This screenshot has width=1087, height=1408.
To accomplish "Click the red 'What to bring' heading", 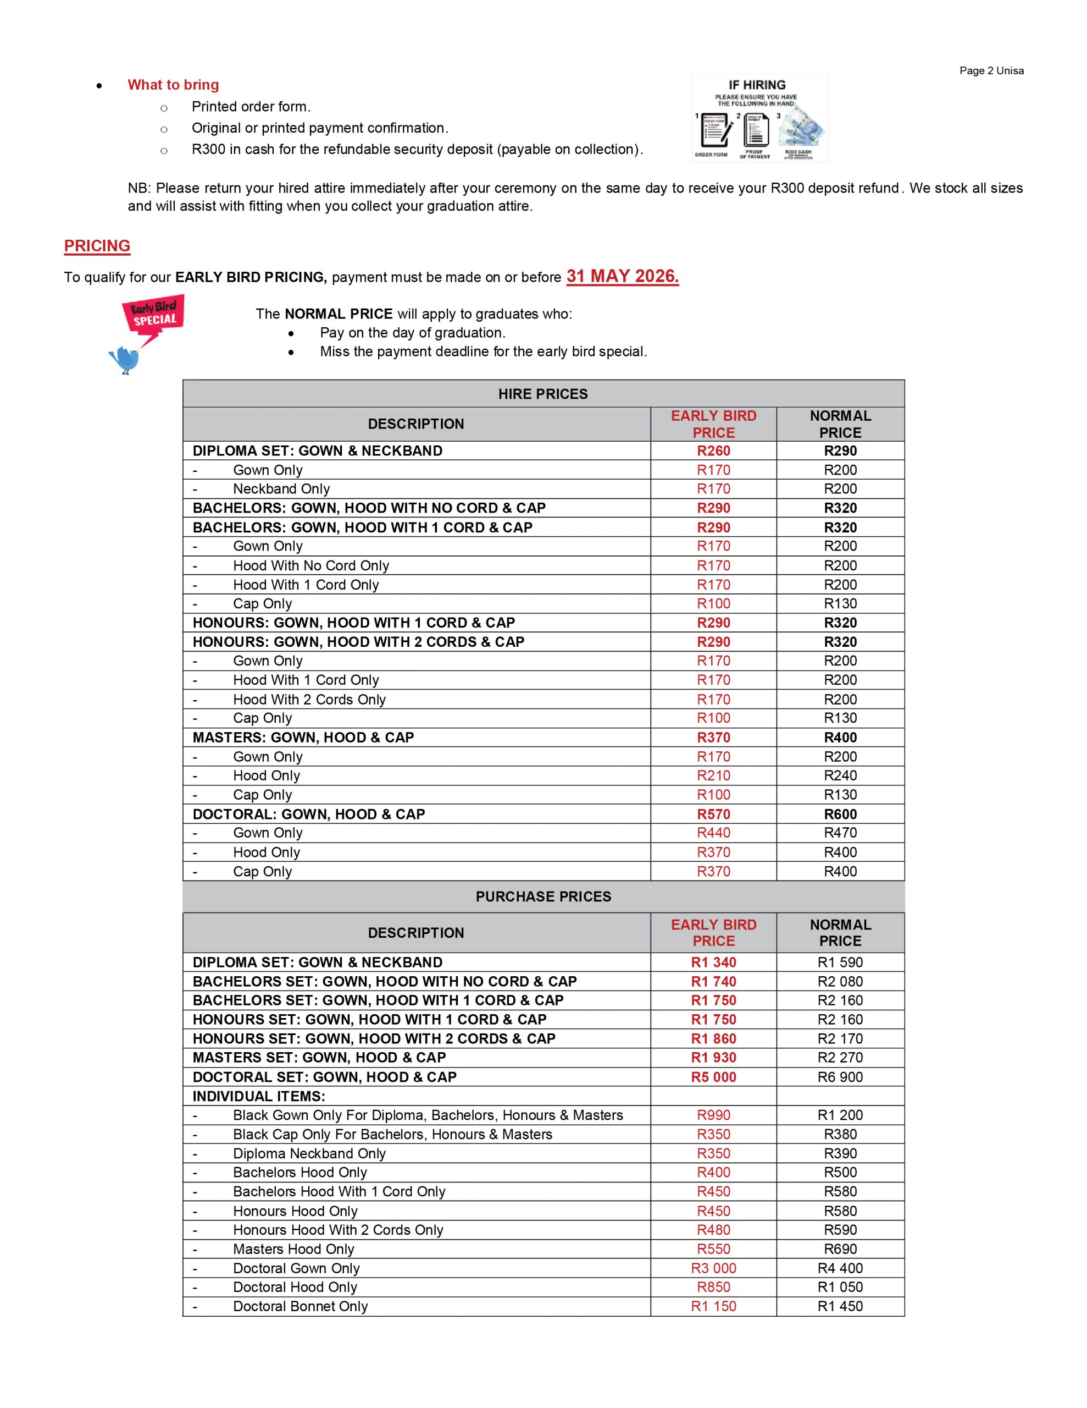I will tap(173, 85).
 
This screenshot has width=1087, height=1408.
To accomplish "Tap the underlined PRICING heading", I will tap(97, 246).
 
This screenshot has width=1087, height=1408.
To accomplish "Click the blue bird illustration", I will tap(124, 359).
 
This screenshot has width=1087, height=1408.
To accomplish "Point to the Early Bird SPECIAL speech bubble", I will tap(154, 316).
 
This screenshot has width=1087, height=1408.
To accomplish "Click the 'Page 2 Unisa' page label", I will tap(991, 71).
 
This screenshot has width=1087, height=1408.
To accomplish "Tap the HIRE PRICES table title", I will tap(542, 394).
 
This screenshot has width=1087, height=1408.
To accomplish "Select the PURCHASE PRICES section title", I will tap(542, 896).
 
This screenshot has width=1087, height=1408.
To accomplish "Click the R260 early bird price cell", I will tap(713, 450).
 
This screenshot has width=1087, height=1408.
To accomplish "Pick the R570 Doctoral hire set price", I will tap(713, 813).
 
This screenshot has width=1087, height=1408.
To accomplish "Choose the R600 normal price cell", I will tap(840, 813).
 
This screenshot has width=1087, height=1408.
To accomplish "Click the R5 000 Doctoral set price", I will tap(713, 1077).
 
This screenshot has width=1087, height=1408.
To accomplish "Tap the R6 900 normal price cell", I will tap(840, 1077).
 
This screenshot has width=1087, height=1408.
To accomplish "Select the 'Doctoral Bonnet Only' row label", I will tap(300, 1306).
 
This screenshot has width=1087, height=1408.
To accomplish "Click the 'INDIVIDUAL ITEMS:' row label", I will tap(258, 1096).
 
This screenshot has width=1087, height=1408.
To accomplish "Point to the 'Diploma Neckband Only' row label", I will tap(309, 1153).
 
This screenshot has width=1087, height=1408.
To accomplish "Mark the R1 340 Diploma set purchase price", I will tap(713, 963).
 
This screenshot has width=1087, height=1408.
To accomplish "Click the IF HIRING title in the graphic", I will tap(757, 85).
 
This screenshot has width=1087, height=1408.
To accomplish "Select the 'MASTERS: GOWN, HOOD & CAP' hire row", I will tap(303, 738).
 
